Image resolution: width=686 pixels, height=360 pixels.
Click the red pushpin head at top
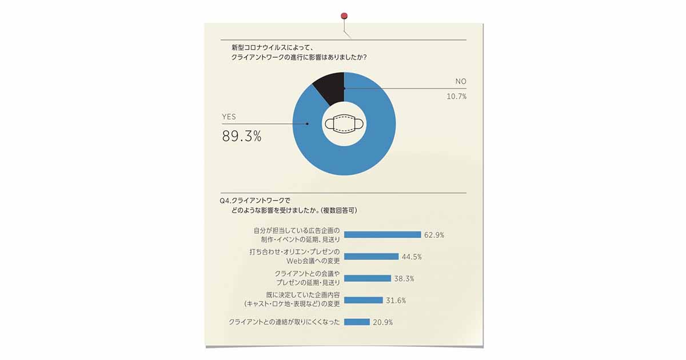(x=344, y=15)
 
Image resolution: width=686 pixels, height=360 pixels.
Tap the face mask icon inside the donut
(x=344, y=124)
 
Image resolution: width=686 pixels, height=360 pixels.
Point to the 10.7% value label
(x=456, y=97)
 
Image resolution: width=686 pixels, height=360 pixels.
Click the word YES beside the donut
(x=229, y=117)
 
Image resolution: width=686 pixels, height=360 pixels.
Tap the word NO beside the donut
(x=460, y=82)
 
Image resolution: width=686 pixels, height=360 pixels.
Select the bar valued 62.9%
(x=382, y=234)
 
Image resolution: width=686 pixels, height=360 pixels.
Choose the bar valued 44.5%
(x=371, y=257)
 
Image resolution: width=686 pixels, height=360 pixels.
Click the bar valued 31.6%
(x=363, y=300)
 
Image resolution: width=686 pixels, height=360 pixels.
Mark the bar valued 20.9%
(x=357, y=322)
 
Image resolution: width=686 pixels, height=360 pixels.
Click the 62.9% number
(x=434, y=234)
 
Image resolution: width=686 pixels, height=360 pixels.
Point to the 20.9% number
(x=382, y=322)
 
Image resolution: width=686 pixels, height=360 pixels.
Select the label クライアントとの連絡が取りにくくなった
(x=284, y=322)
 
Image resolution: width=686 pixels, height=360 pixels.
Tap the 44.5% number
(x=412, y=257)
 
